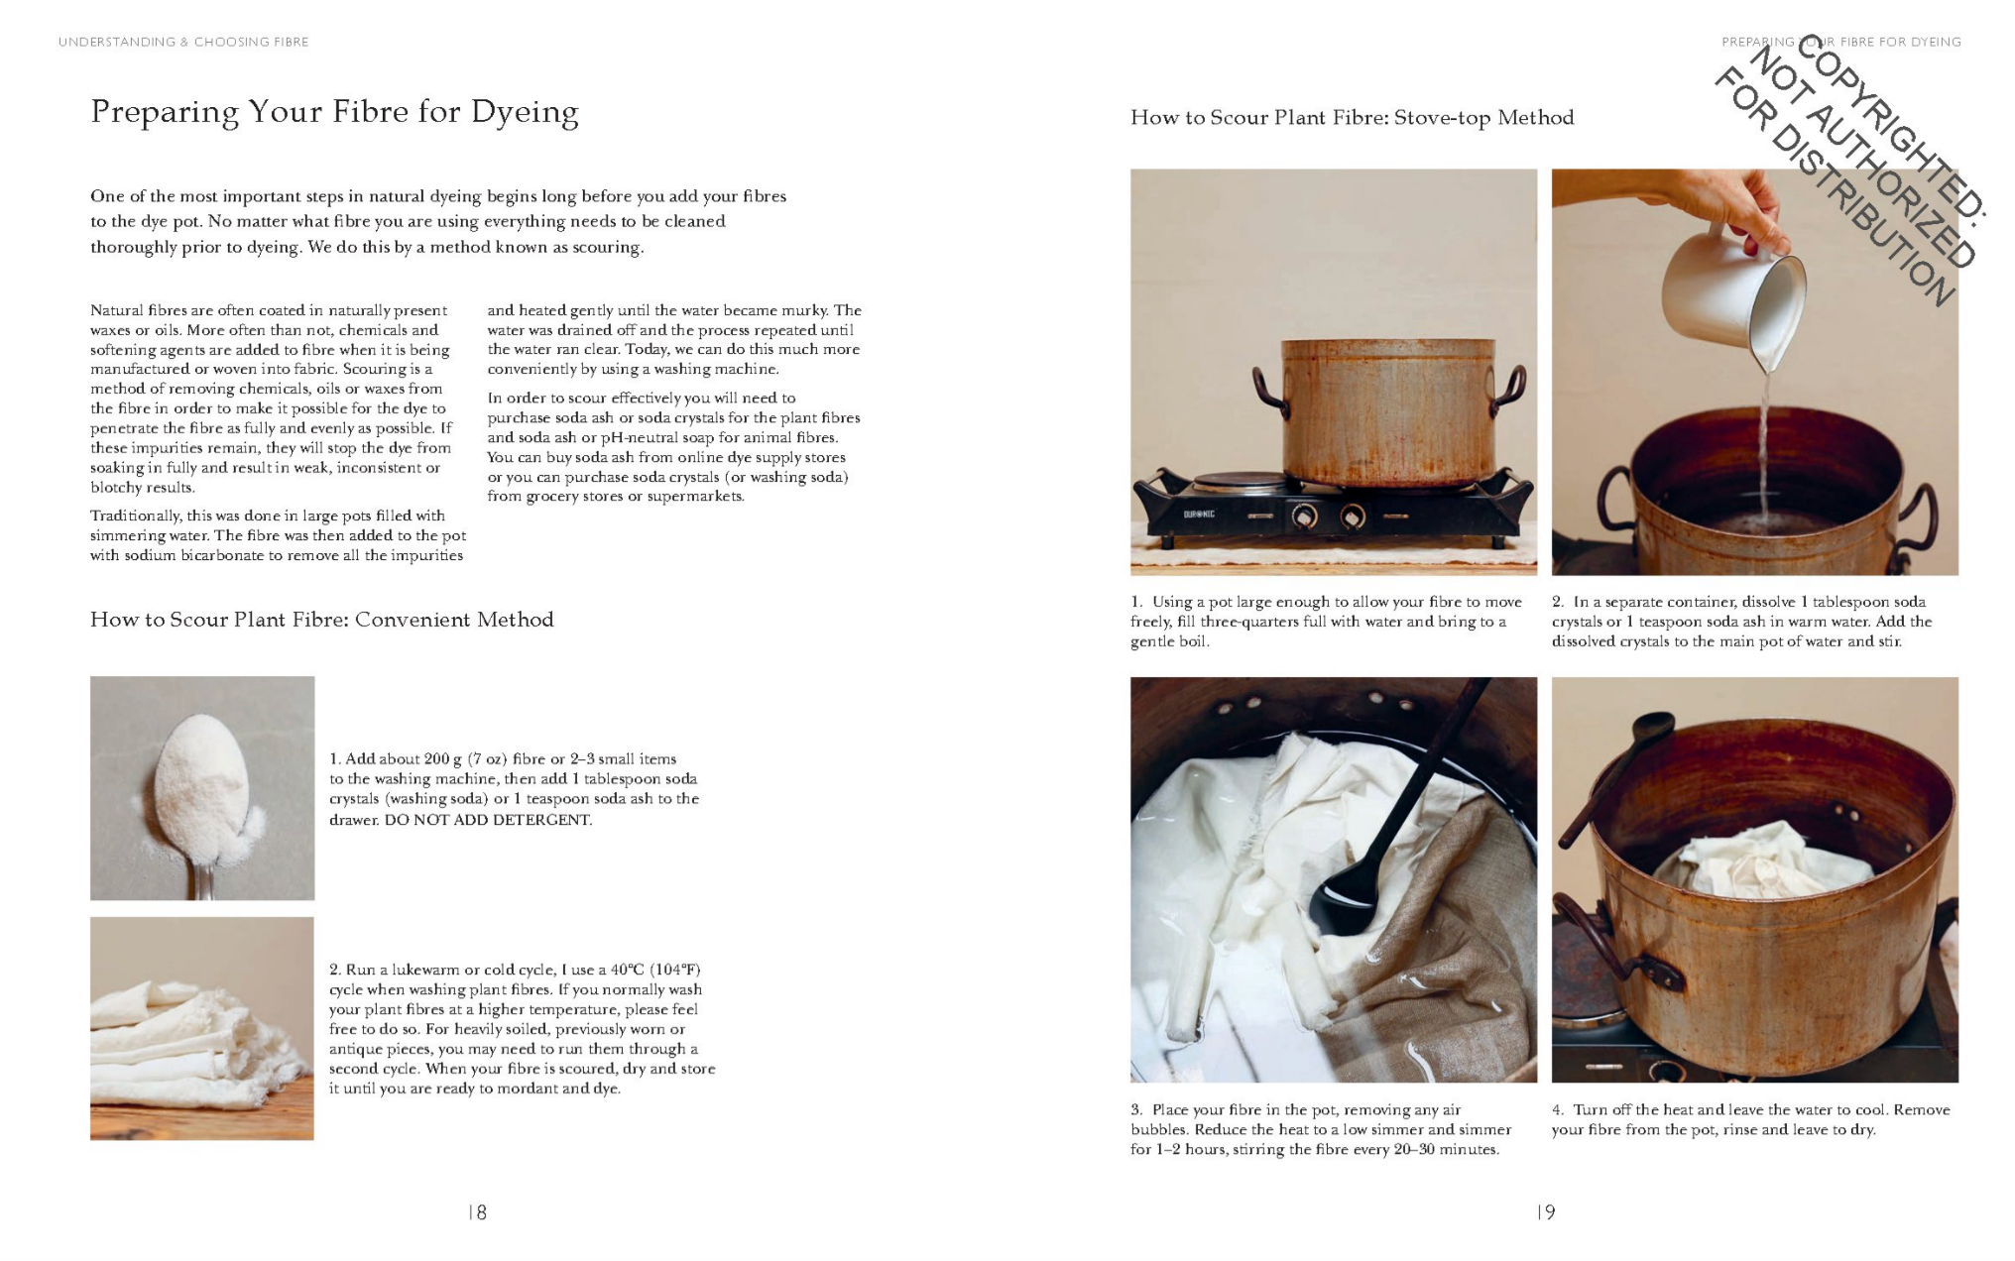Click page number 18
tap(477, 1212)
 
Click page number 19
tap(1546, 1212)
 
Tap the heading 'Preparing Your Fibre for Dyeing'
tap(334, 111)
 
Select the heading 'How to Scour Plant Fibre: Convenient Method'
tap(321, 620)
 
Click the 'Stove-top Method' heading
tap(1483, 118)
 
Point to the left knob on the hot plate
tap(1304, 516)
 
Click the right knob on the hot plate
tap(1353, 516)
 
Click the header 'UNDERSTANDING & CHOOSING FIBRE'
tap(183, 42)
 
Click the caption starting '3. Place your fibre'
tap(1321, 1129)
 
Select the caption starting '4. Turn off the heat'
tap(1750, 1119)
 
